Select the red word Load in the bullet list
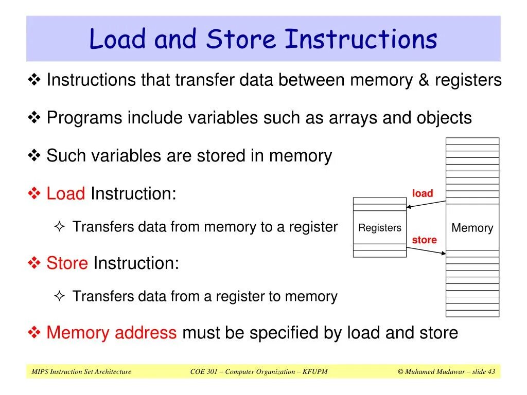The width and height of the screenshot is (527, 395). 65,194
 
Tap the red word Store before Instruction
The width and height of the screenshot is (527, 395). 67,263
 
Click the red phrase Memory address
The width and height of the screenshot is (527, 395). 111,333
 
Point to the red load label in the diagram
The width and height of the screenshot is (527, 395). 423,193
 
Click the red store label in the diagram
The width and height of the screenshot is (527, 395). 424,240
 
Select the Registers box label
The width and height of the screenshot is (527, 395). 379,228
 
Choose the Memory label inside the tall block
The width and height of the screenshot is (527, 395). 472,228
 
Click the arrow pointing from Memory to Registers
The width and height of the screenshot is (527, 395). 426,204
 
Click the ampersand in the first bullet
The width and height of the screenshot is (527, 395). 422,80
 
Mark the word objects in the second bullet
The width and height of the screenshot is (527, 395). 445,118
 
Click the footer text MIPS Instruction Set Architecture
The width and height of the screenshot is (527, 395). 81,372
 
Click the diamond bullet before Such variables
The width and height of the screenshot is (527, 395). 34,155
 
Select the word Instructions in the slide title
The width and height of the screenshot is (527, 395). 361,40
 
